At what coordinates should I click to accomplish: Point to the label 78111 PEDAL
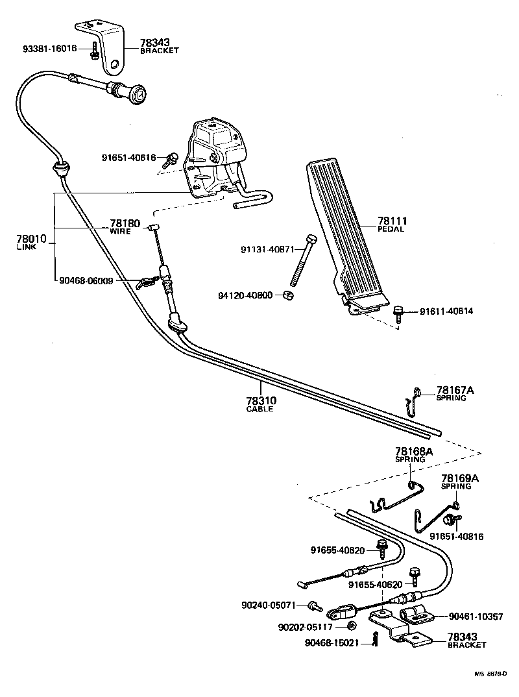click(391, 225)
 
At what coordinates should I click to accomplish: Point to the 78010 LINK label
click(31, 241)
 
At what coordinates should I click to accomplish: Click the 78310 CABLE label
click(259, 404)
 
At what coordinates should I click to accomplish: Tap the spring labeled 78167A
click(411, 398)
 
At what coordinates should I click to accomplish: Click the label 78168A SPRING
click(410, 454)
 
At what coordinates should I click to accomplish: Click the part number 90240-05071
click(268, 605)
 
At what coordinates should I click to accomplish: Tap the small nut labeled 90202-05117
click(352, 626)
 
